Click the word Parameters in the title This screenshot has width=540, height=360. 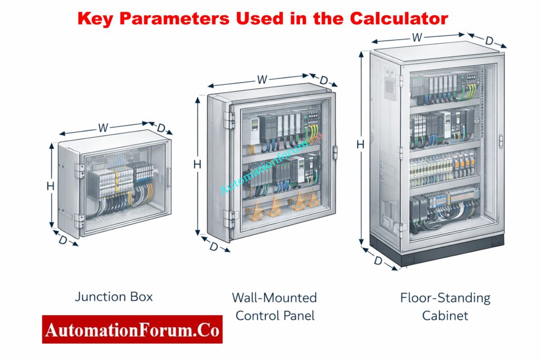177,18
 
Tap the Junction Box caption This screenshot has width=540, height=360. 114,297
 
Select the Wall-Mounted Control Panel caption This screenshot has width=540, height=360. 274,306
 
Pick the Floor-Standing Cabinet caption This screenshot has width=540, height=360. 445,306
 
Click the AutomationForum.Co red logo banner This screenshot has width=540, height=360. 132,329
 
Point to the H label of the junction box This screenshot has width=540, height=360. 51,186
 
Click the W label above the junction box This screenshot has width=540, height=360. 103,128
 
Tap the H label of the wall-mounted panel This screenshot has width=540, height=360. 197,164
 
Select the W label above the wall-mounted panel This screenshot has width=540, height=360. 262,80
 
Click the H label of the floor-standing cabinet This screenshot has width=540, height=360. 360,144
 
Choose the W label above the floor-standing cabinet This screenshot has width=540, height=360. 417,37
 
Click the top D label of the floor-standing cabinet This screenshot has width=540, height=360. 489,41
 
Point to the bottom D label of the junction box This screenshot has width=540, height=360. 63,240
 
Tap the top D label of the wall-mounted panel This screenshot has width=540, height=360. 324,81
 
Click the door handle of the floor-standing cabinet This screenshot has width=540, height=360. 500,141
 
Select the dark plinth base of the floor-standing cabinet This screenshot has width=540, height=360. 438,249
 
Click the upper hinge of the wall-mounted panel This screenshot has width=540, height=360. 229,120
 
